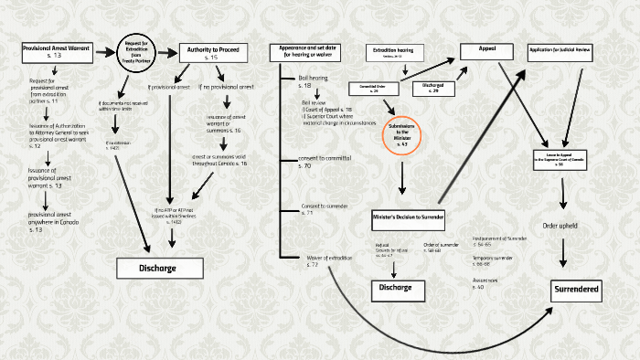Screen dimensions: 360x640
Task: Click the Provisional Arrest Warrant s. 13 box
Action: [x=57, y=51]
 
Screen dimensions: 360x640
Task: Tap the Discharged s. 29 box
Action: [x=432, y=88]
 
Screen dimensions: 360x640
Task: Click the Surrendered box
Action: [x=576, y=290]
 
